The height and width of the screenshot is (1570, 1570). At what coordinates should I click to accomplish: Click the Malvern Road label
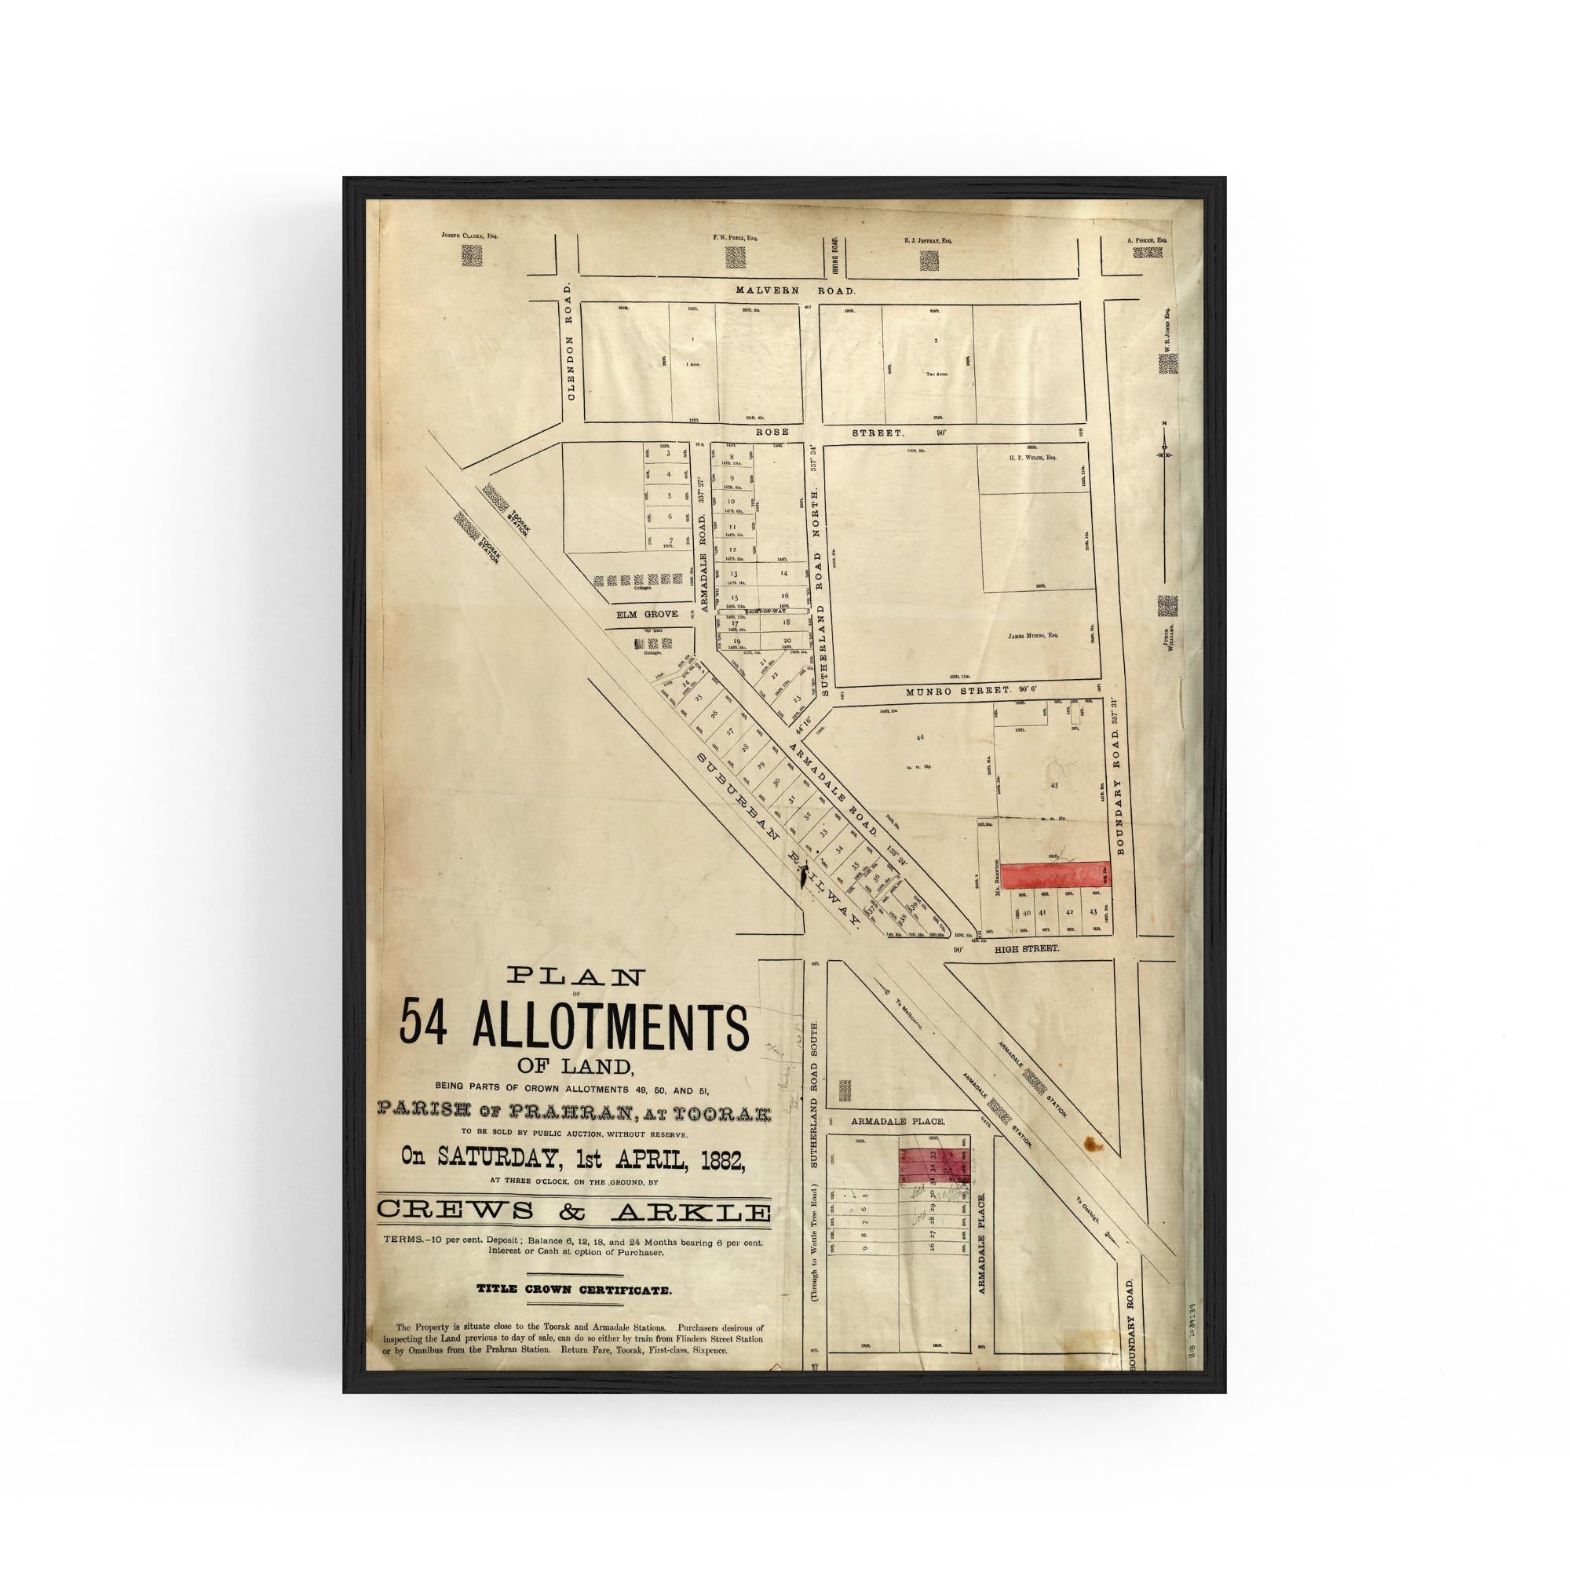coord(795,290)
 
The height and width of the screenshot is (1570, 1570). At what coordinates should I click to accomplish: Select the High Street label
coord(1028,947)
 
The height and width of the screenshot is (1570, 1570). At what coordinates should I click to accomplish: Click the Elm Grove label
coord(647,615)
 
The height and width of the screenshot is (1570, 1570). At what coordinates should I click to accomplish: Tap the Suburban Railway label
coord(778,838)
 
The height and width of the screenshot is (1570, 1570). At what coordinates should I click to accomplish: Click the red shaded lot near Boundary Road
coord(1054,875)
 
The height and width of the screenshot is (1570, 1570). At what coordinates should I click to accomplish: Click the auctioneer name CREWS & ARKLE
coord(574,1233)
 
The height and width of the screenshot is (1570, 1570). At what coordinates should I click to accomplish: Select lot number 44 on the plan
coord(919,737)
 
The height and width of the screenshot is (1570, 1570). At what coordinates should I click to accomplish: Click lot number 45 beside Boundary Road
coord(1054,786)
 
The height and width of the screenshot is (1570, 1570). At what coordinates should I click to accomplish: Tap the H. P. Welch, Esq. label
coord(1032,458)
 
